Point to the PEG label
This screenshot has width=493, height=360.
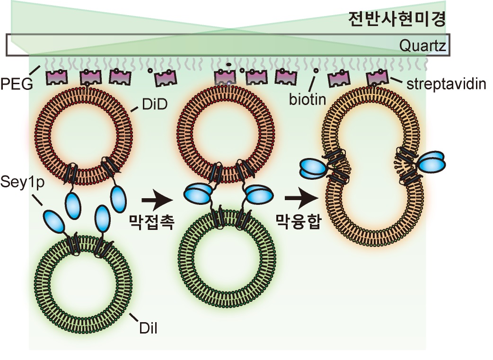click(x=16, y=85)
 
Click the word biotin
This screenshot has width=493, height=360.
click(x=309, y=100)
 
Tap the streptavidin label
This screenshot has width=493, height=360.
click(x=447, y=85)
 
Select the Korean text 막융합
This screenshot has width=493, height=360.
click(x=298, y=221)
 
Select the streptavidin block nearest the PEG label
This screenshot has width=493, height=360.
click(x=56, y=77)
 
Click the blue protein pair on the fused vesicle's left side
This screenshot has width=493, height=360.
click(x=313, y=168)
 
